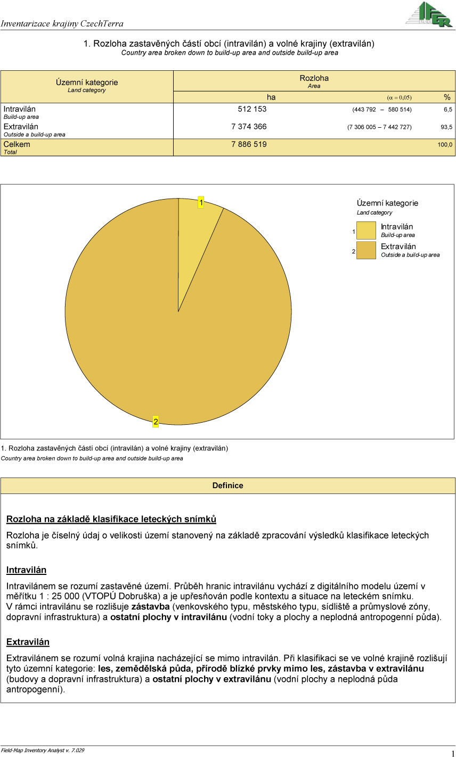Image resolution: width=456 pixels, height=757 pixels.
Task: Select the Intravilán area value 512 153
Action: tap(252, 109)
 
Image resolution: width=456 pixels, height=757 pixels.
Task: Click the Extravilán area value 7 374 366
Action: tap(249, 127)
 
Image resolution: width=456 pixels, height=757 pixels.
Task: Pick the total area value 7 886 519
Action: tap(249, 144)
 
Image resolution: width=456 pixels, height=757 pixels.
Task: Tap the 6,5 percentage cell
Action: tap(447, 110)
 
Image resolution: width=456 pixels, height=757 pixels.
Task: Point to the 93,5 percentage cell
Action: tap(446, 127)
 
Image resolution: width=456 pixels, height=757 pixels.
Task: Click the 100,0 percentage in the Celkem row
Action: tap(445, 145)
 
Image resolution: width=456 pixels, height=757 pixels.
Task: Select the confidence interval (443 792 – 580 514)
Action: tap(381, 110)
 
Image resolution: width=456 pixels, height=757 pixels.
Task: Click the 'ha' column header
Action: tap(271, 97)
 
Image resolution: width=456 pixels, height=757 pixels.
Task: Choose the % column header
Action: tap(447, 97)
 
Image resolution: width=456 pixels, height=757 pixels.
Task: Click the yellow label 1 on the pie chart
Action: tap(201, 202)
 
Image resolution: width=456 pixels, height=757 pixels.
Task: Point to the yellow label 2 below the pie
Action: tap(156, 422)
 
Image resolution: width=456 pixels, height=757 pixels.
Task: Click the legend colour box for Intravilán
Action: tap(366, 231)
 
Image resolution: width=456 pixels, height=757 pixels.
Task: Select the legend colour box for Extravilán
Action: tap(366, 250)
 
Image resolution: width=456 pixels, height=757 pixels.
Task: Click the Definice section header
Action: tap(227, 486)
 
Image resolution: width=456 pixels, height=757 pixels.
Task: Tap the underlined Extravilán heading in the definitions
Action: tap(28, 642)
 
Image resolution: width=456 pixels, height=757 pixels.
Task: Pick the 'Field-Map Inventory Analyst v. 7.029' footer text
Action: tap(43, 750)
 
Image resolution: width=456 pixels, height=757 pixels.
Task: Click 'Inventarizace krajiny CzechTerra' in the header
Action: tap(62, 23)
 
